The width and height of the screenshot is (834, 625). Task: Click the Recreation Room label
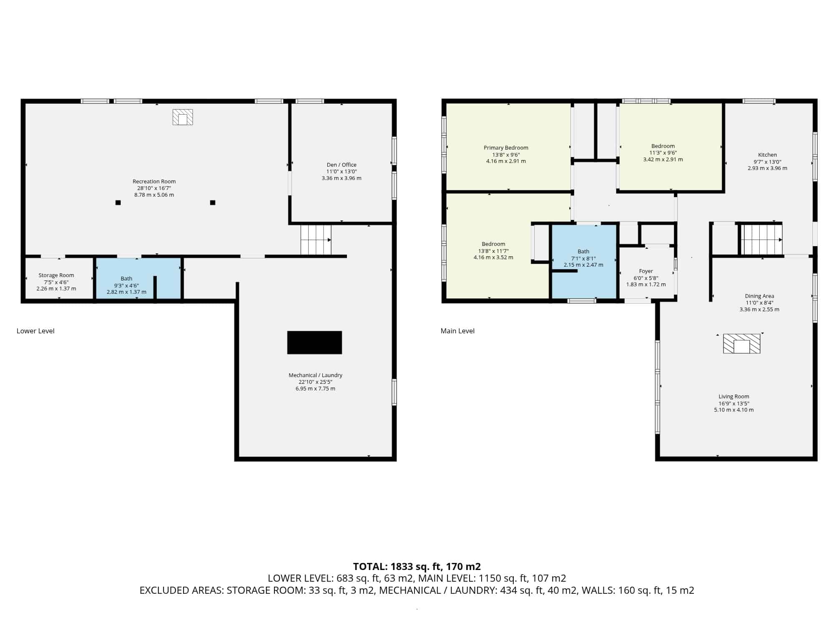pyautogui.click(x=154, y=181)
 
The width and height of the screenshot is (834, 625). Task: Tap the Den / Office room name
pyautogui.click(x=342, y=165)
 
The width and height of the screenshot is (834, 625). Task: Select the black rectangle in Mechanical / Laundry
pyautogui.click(x=314, y=342)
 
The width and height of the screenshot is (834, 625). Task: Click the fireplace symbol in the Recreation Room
pyautogui.click(x=183, y=117)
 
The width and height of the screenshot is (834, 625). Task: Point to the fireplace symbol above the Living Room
pyautogui.click(x=741, y=344)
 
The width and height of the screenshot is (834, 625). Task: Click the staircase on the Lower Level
pyautogui.click(x=316, y=240)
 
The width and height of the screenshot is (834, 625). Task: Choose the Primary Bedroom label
pyautogui.click(x=506, y=147)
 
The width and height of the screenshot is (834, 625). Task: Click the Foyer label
pyautogui.click(x=646, y=271)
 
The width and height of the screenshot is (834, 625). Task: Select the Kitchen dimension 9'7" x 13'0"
pyautogui.click(x=767, y=162)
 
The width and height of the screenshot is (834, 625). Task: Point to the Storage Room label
pyautogui.click(x=56, y=275)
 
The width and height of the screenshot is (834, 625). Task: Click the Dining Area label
pyautogui.click(x=759, y=296)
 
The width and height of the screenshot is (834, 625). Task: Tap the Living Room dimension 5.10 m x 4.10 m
pyautogui.click(x=734, y=410)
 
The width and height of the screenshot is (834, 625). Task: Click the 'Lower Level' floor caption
pyautogui.click(x=35, y=331)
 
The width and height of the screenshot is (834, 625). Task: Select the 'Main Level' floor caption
pyautogui.click(x=457, y=331)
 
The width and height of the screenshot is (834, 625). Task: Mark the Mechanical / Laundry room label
pyautogui.click(x=315, y=375)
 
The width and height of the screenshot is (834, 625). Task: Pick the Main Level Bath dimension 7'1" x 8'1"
pyautogui.click(x=583, y=258)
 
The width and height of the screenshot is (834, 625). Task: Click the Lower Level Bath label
pyautogui.click(x=126, y=278)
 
